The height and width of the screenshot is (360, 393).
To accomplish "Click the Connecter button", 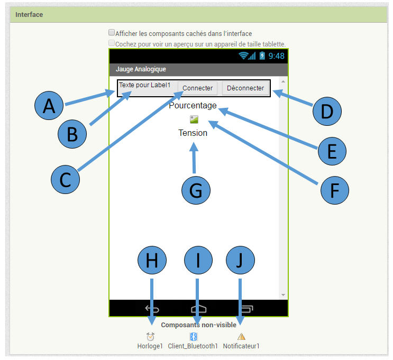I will [197, 88].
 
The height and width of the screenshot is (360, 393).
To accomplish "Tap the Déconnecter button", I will [245, 88].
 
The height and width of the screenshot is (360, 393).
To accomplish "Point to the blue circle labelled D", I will [327, 111].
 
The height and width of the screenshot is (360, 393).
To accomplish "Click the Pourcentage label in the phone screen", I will [193, 106].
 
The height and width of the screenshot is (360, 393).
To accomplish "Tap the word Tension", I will [193, 133].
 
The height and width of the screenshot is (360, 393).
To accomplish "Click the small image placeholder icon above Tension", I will [194, 119].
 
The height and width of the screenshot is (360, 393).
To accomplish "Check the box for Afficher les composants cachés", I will [112, 33].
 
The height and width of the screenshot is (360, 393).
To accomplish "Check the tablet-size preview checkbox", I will [112, 43].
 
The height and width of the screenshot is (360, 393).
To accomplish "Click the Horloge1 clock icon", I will [150, 337].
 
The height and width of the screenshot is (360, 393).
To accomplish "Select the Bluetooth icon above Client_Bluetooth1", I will [193, 337].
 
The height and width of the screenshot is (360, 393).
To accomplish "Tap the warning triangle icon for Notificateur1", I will [241, 337].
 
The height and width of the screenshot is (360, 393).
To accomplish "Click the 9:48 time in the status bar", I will [276, 56].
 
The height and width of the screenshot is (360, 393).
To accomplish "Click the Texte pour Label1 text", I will [144, 85].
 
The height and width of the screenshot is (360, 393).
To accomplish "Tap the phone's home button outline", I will [198, 309].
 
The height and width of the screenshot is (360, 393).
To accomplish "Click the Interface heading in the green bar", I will [29, 15].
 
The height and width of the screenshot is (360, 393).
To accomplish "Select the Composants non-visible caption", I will [198, 325].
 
